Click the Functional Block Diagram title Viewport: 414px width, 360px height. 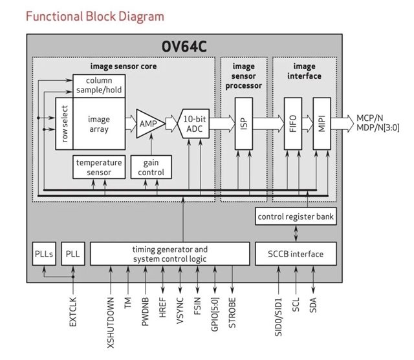tap(94, 16)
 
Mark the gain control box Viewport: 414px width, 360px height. tap(151, 167)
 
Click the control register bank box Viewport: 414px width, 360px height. tap(296, 217)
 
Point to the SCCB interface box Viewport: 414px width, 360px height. tap(296, 253)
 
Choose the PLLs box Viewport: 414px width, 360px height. tap(44, 253)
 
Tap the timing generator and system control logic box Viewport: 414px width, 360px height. tap(169, 253)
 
